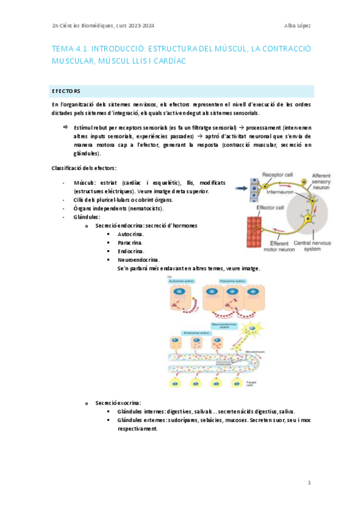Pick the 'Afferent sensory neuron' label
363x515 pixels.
(321, 183)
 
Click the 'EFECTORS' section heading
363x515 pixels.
(66, 91)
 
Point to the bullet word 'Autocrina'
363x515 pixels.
(130, 234)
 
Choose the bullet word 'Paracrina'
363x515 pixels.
(130, 242)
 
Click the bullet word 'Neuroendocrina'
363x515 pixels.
(139, 259)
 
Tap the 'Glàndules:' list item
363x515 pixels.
(87, 216)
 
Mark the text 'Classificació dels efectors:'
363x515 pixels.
(85, 168)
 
